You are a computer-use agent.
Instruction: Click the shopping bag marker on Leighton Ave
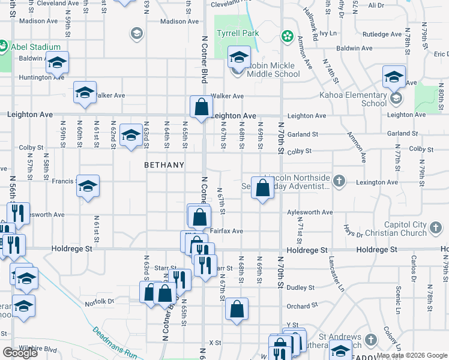coord(202,107)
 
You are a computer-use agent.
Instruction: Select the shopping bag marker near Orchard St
coord(237,309)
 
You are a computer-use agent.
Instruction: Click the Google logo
coord(20,353)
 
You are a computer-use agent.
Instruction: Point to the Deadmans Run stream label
coord(114,343)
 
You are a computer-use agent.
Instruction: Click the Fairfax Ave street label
coord(226,231)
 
